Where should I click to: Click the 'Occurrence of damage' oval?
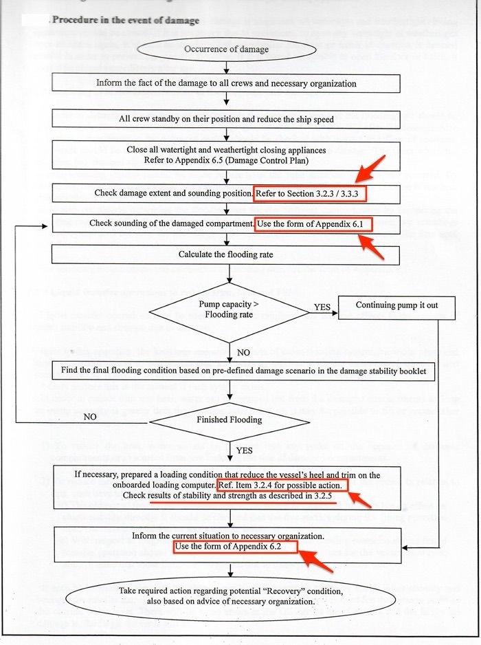226,50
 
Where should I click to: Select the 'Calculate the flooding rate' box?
226,254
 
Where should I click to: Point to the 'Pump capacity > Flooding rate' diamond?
226,310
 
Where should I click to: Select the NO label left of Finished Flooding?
90,417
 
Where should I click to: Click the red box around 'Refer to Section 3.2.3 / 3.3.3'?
310,193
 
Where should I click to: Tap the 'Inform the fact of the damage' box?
226,83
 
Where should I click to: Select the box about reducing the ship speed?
226,119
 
